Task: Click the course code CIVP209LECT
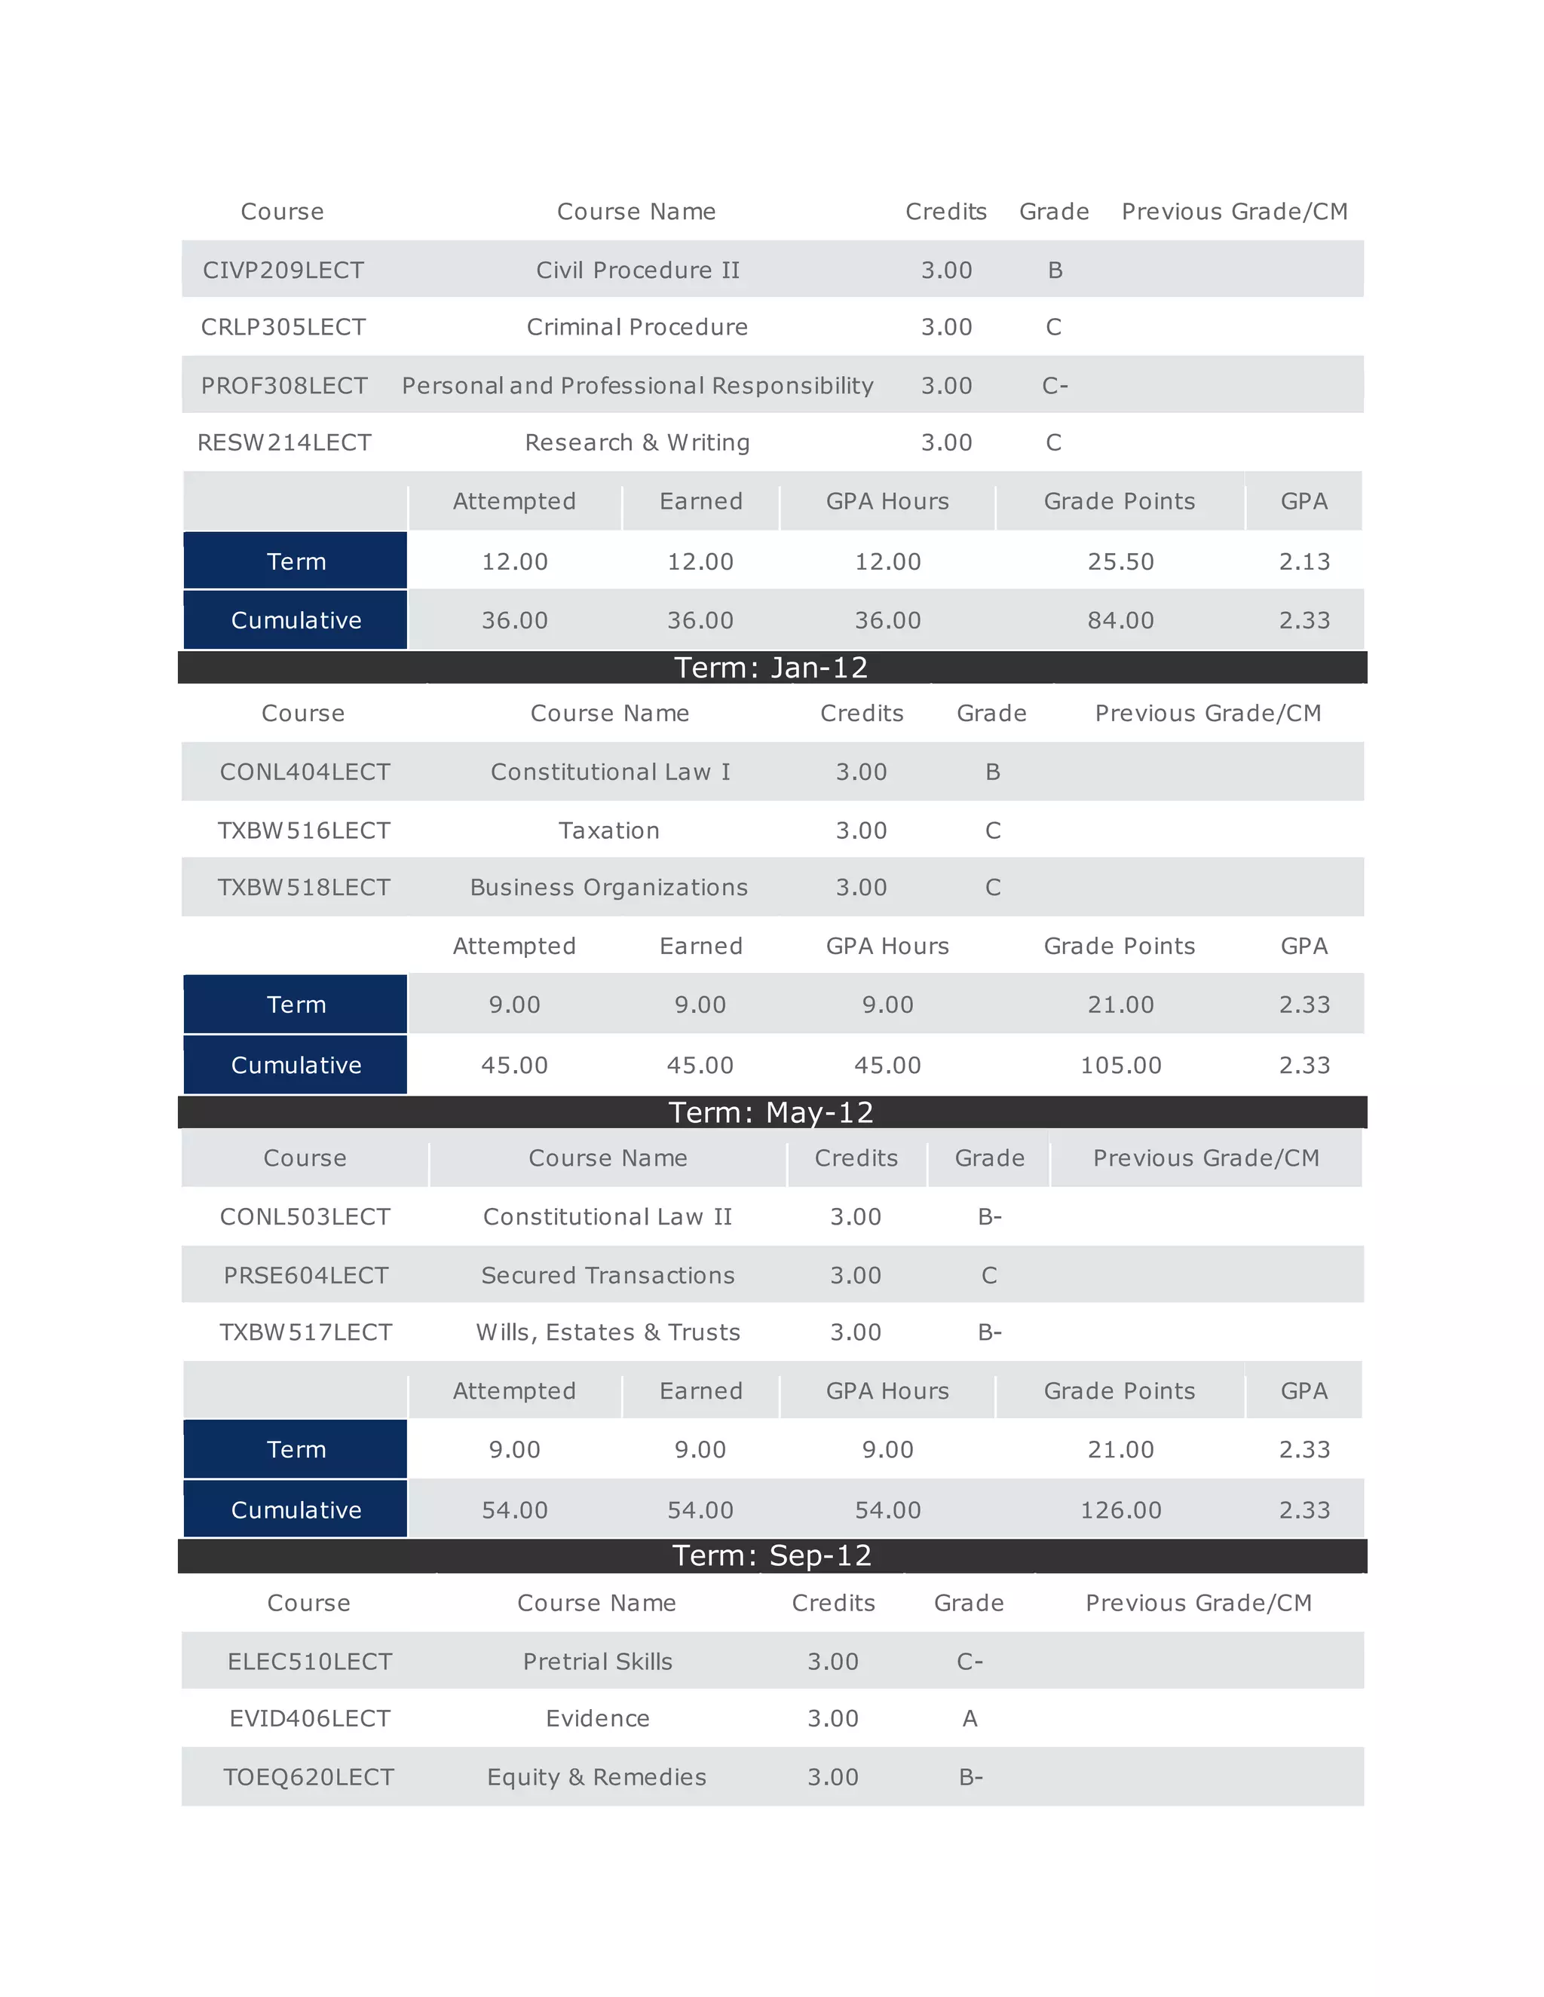click(x=283, y=270)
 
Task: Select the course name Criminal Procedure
click(x=636, y=327)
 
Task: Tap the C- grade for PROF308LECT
click(x=1055, y=386)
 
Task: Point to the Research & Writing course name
click(x=636, y=442)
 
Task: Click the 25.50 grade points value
click(x=1120, y=561)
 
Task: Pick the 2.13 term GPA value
click(x=1304, y=561)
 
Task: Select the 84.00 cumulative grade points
click(x=1120, y=620)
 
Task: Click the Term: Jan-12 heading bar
click(x=771, y=668)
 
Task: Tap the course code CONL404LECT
click(x=305, y=772)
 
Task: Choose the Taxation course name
click(x=609, y=830)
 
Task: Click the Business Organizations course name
click(x=609, y=888)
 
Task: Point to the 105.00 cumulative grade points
click(x=1120, y=1066)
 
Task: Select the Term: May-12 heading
click(x=771, y=1112)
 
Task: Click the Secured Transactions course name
click(x=608, y=1276)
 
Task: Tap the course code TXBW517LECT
click(x=305, y=1332)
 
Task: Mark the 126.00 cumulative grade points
click(x=1120, y=1509)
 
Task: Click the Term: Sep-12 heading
click(x=771, y=1555)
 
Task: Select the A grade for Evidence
click(x=970, y=1719)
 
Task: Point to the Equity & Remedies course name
click(x=596, y=1777)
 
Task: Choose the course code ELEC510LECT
click(x=309, y=1662)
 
